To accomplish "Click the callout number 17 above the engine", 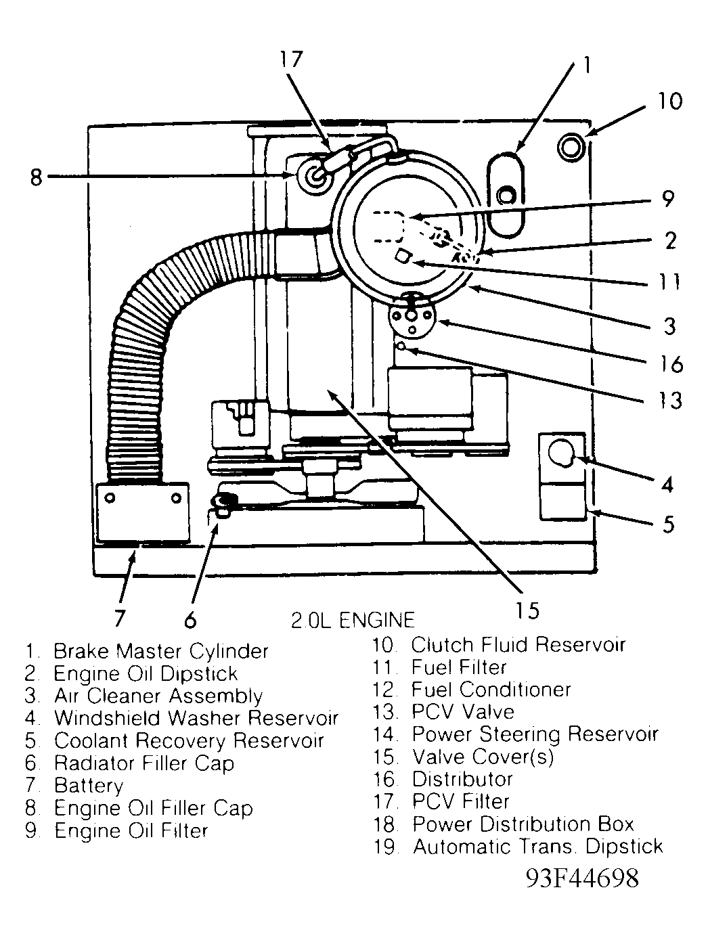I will coord(292,60).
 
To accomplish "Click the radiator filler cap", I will coord(223,501).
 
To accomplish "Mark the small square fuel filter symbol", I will coord(403,256).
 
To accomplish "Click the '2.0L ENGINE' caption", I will coord(352,619).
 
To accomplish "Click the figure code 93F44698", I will coord(582,878).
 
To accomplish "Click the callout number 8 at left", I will coord(36,177).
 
